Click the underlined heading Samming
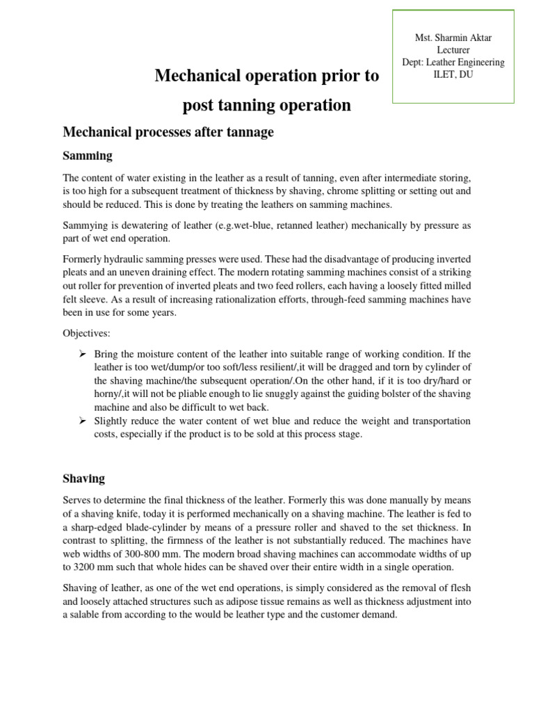88,156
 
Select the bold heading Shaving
83,478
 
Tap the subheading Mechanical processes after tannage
168,132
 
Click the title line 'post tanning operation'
266,105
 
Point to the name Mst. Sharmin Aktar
453,38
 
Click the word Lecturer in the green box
453,50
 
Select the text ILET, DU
453,74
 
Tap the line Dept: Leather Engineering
453,63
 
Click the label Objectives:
86,333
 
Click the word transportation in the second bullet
436,421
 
